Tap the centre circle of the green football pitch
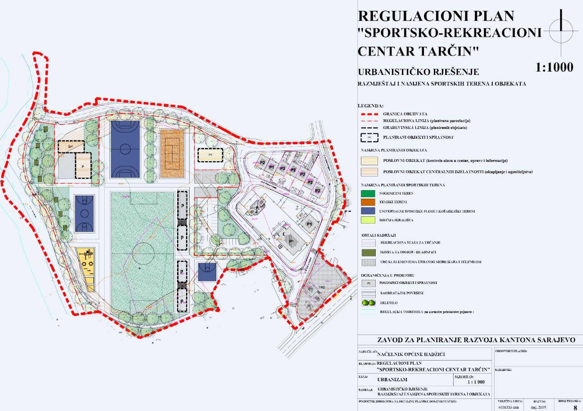pos(143,250)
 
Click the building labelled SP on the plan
pos(71,147)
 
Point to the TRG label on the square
pos(322,287)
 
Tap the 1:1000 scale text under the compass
pos(554,68)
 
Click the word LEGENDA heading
pos(371,106)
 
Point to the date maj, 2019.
pos(539,407)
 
